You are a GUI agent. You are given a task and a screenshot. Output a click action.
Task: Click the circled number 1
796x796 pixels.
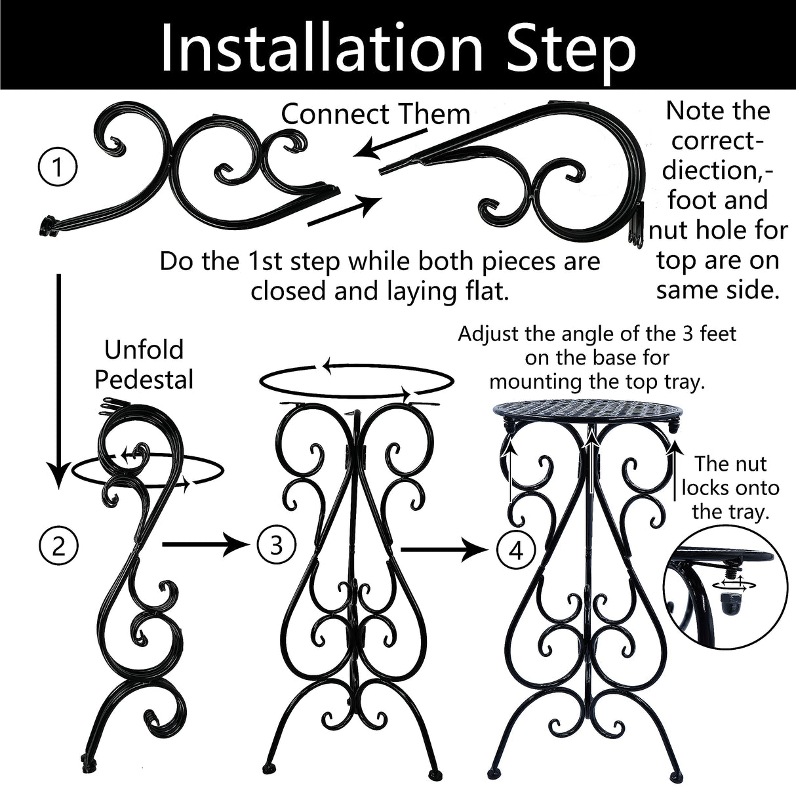[x=58, y=169]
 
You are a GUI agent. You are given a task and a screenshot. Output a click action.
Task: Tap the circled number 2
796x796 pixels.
[x=58, y=545]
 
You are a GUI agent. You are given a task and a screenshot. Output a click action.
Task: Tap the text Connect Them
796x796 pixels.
[x=376, y=114]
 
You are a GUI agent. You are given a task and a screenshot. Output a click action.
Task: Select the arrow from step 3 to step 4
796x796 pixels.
[x=446, y=550]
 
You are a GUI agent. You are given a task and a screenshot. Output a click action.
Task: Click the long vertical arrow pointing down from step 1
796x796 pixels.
[x=59, y=380]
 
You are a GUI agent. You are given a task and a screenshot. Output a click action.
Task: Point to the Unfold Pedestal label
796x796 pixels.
[x=144, y=365]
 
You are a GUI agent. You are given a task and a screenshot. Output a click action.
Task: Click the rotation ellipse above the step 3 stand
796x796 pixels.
[x=357, y=381]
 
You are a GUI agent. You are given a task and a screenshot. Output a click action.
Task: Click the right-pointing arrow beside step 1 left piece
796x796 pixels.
[x=344, y=210]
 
